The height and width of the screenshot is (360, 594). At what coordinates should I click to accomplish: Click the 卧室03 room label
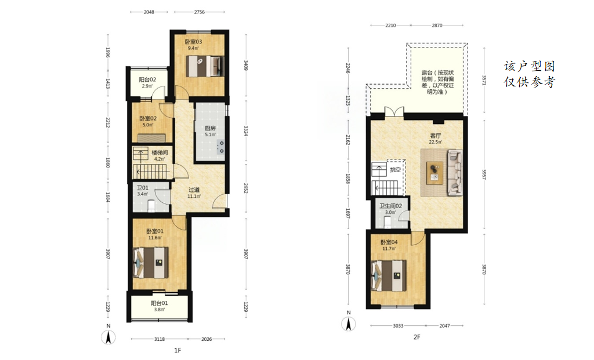[x=193, y=42]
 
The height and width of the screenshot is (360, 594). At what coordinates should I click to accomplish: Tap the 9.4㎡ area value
[x=193, y=48]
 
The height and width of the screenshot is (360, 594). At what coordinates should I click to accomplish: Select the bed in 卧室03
[x=205, y=66]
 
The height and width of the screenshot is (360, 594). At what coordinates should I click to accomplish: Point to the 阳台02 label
[x=147, y=79]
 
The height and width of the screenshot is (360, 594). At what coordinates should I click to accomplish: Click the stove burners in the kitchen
[x=221, y=147]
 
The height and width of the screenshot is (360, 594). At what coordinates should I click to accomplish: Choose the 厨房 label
[x=210, y=128]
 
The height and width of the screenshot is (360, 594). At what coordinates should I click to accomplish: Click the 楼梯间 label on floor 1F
[x=160, y=152]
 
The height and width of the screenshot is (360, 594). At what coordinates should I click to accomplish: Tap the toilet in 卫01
[x=151, y=206]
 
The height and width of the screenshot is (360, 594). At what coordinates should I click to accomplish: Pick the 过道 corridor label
[x=194, y=190]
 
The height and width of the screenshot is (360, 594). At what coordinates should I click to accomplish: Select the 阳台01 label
[x=159, y=303]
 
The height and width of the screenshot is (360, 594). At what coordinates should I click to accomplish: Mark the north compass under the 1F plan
[x=108, y=337]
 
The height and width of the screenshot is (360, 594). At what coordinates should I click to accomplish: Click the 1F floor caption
[x=178, y=350]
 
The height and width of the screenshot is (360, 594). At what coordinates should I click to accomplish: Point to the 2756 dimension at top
[x=200, y=12]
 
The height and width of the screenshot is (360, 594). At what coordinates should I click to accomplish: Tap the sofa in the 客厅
[x=455, y=173]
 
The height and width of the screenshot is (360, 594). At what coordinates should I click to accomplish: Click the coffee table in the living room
[x=434, y=173]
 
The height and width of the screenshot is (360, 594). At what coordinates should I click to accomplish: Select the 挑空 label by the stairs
[x=395, y=170]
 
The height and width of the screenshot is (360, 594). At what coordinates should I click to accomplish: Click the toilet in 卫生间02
[x=387, y=223]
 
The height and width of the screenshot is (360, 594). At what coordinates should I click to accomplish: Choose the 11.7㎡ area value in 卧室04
[x=389, y=249]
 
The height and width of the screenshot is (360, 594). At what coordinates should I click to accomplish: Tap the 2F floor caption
[x=416, y=337]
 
